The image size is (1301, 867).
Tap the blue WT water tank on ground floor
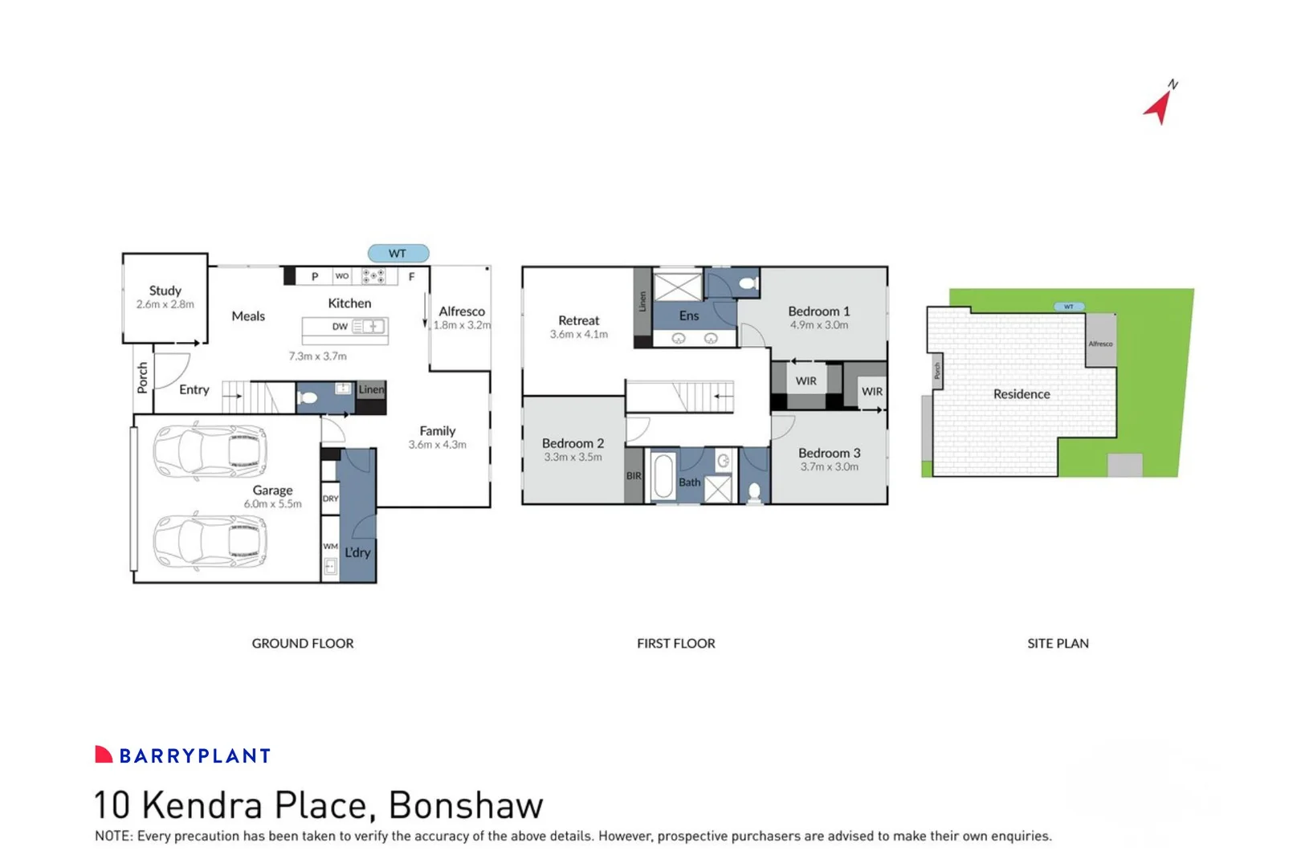(398, 254)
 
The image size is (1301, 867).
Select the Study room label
(165, 291)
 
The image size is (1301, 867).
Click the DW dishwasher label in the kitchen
(341, 327)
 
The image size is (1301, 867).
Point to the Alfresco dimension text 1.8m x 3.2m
(462, 325)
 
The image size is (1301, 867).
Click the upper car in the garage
(210, 452)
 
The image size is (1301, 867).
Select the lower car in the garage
(210, 541)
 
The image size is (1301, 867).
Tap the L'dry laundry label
(357, 552)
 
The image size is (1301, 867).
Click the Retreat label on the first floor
(578, 320)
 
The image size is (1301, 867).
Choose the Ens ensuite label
(689, 315)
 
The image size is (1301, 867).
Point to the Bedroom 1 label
(818, 311)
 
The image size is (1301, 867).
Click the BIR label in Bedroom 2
(634, 476)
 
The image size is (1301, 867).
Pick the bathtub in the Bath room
(663, 477)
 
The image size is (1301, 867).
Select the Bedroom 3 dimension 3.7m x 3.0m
(829, 466)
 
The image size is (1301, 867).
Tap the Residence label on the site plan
(1022, 394)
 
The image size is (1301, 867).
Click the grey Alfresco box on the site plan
(1100, 340)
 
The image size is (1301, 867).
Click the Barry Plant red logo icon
(104, 755)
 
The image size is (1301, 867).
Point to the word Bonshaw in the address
(466, 805)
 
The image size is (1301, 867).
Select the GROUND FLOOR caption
(303, 643)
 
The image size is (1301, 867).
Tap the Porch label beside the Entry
(142, 377)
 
